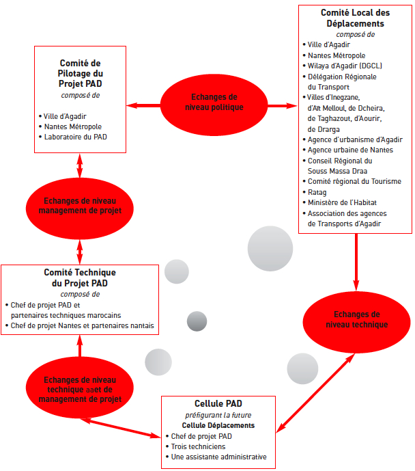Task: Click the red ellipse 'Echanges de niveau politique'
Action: (x=214, y=105)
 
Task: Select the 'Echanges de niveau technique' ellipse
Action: (x=356, y=322)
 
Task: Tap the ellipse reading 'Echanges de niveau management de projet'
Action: (x=79, y=208)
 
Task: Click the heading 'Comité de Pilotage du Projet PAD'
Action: (x=80, y=73)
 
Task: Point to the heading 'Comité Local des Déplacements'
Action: (x=356, y=18)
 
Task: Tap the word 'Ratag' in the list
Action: (x=317, y=192)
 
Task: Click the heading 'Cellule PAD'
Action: (x=218, y=403)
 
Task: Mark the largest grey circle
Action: (x=270, y=248)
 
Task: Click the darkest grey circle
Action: (x=197, y=321)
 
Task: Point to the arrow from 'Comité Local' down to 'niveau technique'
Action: (x=356, y=263)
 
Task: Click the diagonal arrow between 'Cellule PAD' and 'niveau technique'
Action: (x=315, y=393)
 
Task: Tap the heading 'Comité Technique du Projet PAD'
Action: (x=80, y=278)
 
